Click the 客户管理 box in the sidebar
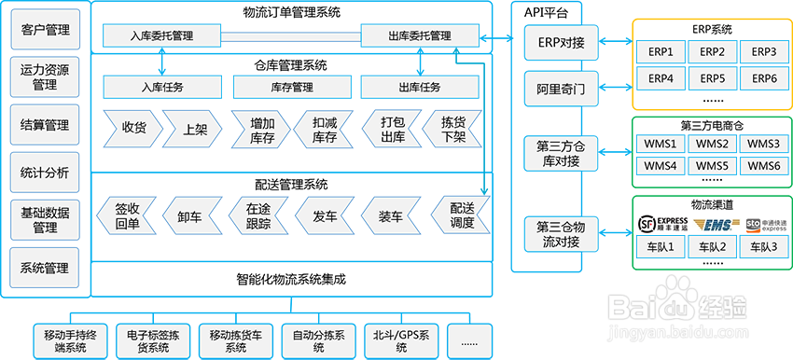click(45, 29)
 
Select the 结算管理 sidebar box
click(45, 124)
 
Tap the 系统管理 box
click(45, 268)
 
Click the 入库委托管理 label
click(161, 36)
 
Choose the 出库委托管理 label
click(419, 36)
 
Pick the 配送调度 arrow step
click(461, 216)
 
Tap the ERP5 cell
click(713, 78)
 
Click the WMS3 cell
click(763, 144)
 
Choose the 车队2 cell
click(713, 247)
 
